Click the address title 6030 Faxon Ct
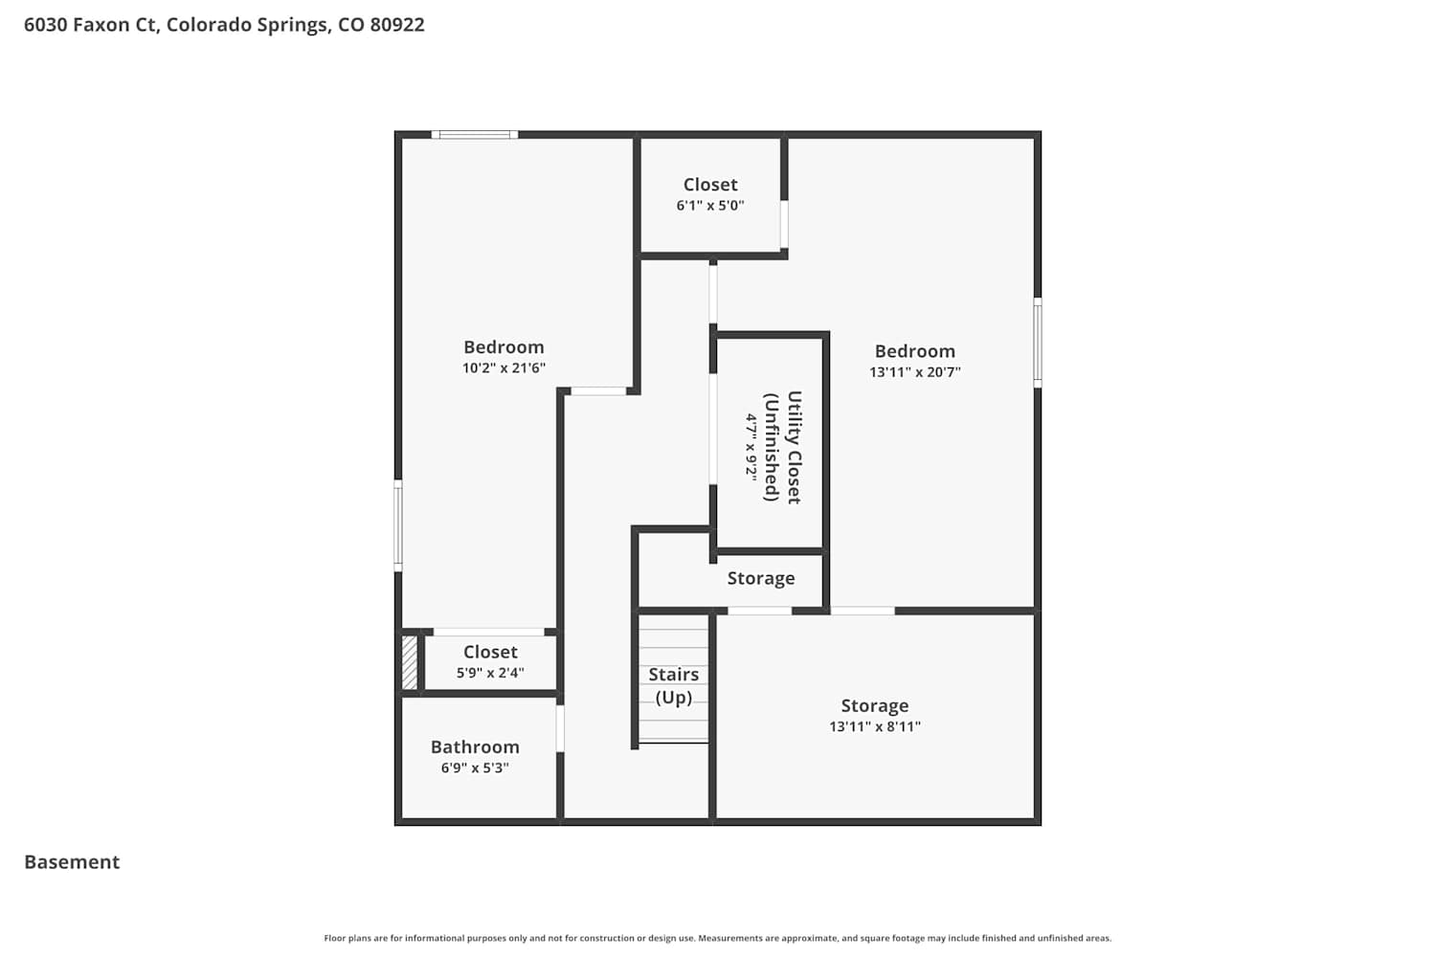[x=224, y=25]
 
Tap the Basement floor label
[x=72, y=862]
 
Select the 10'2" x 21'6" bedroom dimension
[x=504, y=367]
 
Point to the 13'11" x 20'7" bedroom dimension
[x=915, y=371]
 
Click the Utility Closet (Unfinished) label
[x=783, y=447]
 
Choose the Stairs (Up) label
[x=673, y=686]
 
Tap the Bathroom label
[x=475, y=746]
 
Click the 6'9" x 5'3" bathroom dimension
[x=475, y=768]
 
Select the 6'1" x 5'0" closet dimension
[x=710, y=206]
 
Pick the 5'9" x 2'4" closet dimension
[x=490, y=673]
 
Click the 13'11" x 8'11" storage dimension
[x=875, y=727]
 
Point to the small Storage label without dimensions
[x=761, y=578]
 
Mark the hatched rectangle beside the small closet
[x=409, y=662]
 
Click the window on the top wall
[x=475, y=135]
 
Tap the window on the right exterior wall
[x=1037, y=343]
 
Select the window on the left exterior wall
[x=398, y=525]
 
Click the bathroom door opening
[x=560, y=729]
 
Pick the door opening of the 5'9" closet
[x=489, y=632]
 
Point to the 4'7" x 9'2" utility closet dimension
[x=752, y=447]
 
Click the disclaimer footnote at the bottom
[x=717, y=938]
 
